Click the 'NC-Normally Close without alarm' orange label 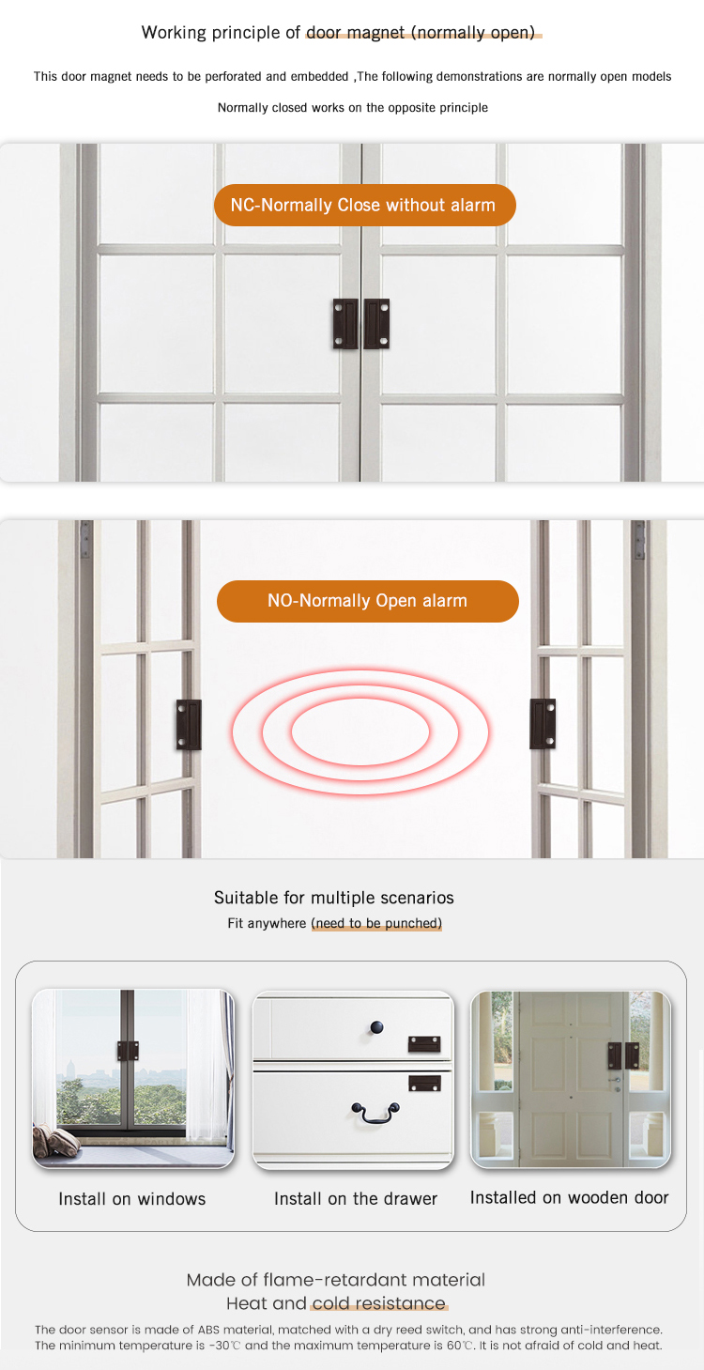tap(364, 205)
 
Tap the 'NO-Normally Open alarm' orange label tap(367, 601)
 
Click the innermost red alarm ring tap(360, 732)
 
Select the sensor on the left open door tap(189, 724)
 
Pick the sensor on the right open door tap(543, 723)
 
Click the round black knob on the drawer tap(376, 1025)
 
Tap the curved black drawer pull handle tap(375, 1112)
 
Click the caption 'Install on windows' tap(131, 1199)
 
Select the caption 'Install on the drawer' tap(356, 1199)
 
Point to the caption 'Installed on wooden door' tap(570, 1197)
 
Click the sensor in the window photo tap(128, 1051)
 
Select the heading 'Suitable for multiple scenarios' tap(334, 898)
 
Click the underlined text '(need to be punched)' tap(376, 924)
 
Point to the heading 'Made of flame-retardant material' tap(336, 1280)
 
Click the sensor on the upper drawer tap(424, 1043)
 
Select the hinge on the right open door tap(639, 541)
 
